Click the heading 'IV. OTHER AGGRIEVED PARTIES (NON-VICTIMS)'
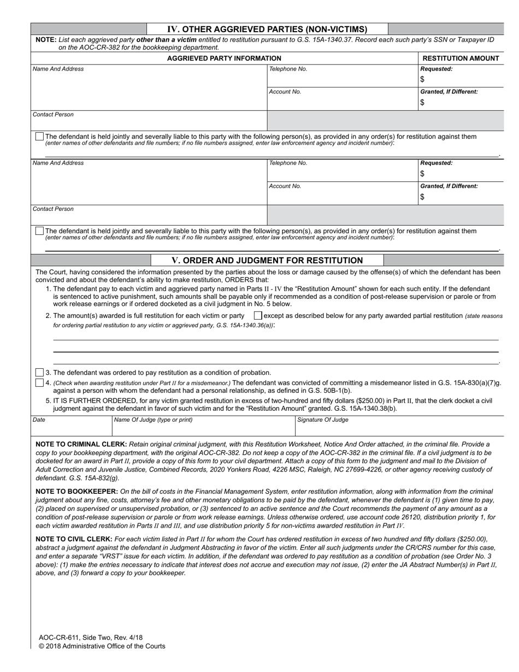tap(267, 30)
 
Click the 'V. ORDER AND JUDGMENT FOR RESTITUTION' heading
tap(267, 261)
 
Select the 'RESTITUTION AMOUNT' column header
tap(461, 58)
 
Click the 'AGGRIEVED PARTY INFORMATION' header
tap(224, 58)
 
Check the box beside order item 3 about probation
tap(39, 373)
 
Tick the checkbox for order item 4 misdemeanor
tap(39, 382)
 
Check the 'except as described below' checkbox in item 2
tap(258, 316)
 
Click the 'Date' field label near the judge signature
tap(39, 420)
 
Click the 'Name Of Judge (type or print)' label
tap(153, 420)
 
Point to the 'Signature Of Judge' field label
tap(322, 420)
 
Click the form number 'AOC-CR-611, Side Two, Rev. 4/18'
tap(91, 638)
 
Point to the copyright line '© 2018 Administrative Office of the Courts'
tap(102, 646)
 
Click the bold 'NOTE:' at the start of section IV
tap(46, 40)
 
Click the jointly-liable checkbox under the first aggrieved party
tap(39, 137)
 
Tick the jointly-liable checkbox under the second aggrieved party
tap(39, 231)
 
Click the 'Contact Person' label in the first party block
tap(53, 115)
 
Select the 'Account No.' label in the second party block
tap(285, 186)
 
